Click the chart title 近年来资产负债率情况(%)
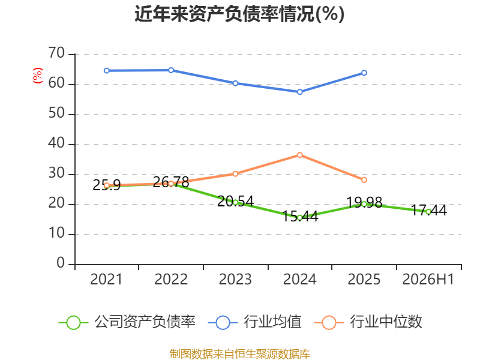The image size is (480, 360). pos(239,14)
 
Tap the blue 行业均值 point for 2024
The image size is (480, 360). pos(299,92)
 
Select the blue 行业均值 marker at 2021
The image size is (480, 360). pos(107,71)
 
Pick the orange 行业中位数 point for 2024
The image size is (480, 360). pos(299,155)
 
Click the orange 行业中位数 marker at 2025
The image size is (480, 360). pos(364,180)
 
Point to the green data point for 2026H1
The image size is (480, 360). pos(428,212)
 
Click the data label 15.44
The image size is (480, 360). pos(300,217)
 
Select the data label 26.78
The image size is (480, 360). pos(171,182)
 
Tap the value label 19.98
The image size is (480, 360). pos(364,203)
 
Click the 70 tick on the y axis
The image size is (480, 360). pos(56,53)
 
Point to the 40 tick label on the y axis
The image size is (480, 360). pos(56,143)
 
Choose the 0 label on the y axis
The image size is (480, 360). pos(61,263)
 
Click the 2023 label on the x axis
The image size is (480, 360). pos(235,280)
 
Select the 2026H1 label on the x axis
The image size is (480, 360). pos(428,280)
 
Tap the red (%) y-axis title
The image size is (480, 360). pos(38,76)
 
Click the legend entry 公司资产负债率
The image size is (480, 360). pos(127,322)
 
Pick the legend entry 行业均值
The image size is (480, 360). pos(254,322)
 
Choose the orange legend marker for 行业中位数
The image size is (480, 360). pos(329,323)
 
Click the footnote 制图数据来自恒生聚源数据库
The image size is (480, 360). pos(239,354)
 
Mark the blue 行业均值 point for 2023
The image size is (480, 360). pos(235,83)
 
